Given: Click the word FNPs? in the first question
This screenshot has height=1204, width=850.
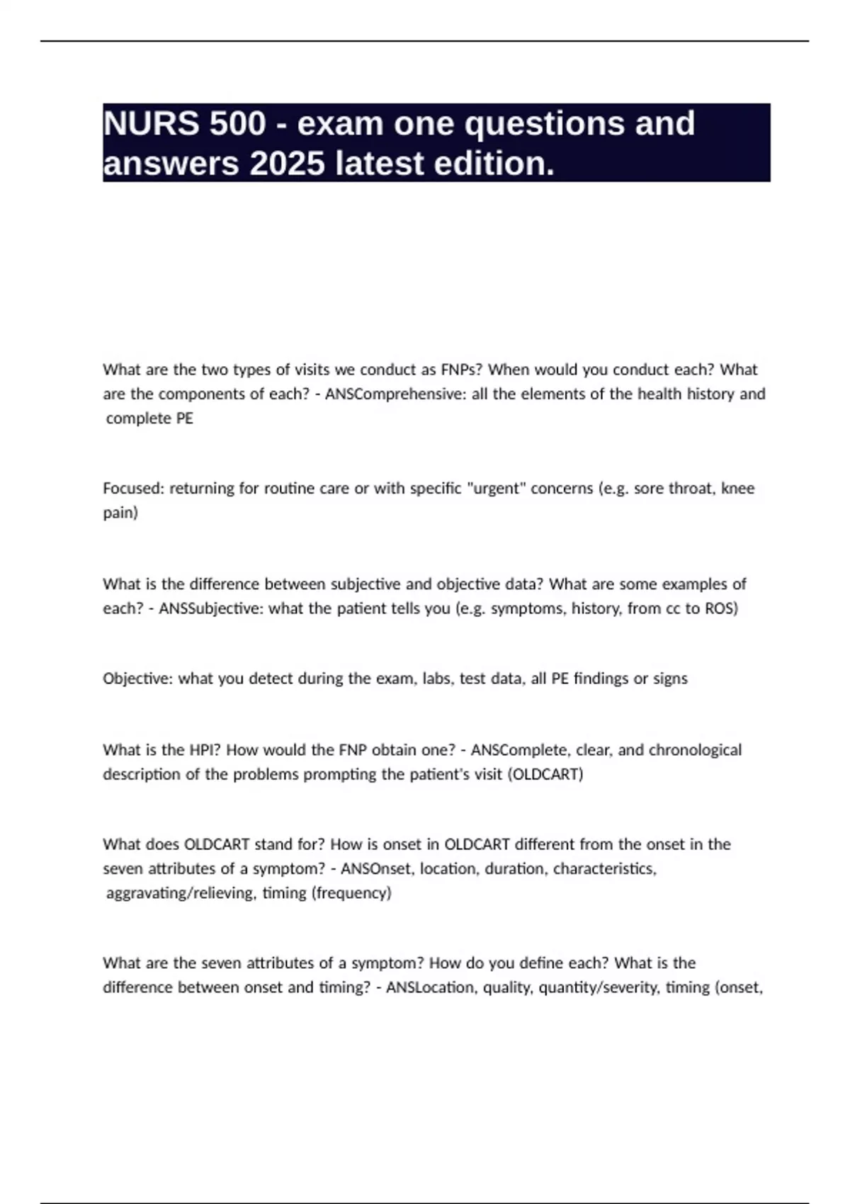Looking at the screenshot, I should [461, 370].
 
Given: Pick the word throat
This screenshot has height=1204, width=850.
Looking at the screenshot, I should [691, 488].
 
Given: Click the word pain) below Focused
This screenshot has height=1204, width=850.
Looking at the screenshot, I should [120, 513].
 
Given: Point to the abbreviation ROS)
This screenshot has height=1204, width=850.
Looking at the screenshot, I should [721, 608].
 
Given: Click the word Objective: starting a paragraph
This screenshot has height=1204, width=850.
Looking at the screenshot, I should [137, 678].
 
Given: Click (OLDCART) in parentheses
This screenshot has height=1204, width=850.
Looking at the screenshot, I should [545, 774].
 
